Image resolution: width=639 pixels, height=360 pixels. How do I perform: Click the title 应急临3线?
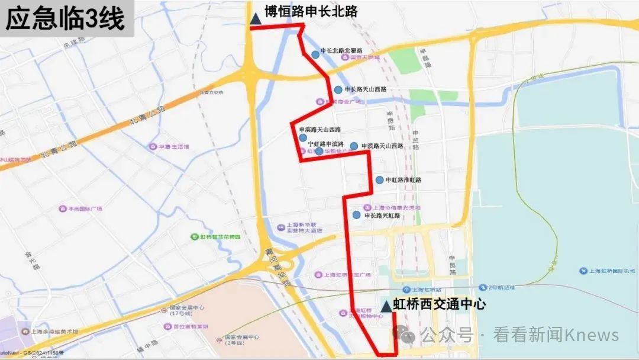(x=65, y=19)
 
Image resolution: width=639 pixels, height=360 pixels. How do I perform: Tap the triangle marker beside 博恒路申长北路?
(x=256, y=18)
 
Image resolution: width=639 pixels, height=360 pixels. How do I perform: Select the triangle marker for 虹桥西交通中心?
(x=386, y=306)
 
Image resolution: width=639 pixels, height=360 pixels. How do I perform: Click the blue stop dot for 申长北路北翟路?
(x=315, y=54)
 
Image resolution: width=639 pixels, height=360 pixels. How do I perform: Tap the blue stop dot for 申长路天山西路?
(x=338, y=89)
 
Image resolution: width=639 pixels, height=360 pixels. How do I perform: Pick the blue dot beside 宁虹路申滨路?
(x=319, y=151)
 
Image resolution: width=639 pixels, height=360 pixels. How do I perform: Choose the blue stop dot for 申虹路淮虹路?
(x=380, y=180)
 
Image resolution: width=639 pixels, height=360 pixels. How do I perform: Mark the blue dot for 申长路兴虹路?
(x=356, y=216)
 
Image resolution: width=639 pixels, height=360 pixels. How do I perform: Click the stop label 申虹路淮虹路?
(x=404, y=180)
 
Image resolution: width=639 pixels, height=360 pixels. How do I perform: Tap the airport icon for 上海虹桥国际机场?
(x=585, y=271)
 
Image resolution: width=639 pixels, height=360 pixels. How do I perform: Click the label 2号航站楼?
(x=502, y=287)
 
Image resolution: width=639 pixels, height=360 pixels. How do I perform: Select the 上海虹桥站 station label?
(x=422, y=290)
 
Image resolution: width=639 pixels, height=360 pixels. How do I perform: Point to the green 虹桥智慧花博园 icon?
(x=194, y=237)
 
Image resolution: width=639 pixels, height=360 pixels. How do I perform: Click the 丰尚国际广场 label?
(x=85, y=208)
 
